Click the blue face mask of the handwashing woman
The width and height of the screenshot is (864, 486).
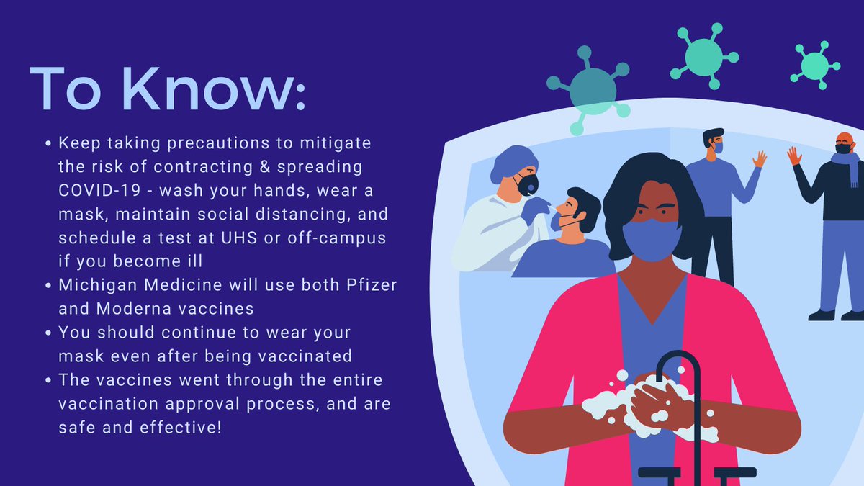(x=651, y=240)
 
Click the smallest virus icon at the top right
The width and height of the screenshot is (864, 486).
(x=814, y=66)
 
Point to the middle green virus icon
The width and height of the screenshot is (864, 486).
(x=703, y=55)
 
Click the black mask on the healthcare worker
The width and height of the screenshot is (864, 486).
(x=528, y=184)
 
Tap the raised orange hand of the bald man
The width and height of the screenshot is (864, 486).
(x=794, y=156)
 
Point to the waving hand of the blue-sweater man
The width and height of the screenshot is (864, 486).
(x=760, y=158)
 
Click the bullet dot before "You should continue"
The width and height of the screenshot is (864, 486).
(x=48, y=333)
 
